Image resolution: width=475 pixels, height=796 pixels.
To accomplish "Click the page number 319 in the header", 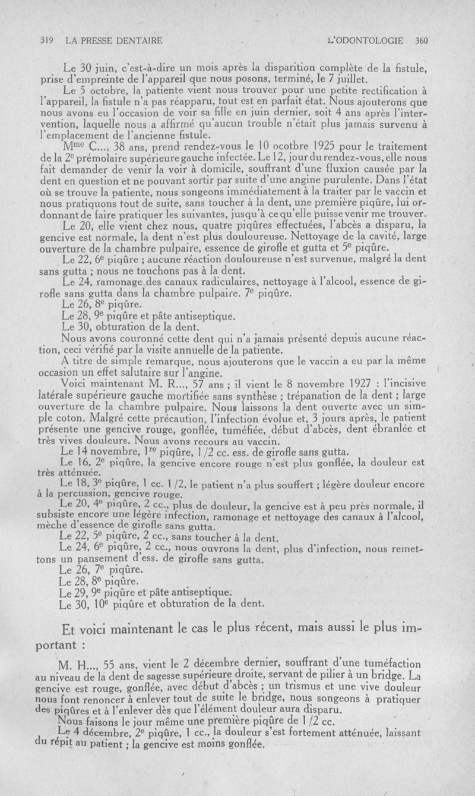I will coord(47,41).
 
